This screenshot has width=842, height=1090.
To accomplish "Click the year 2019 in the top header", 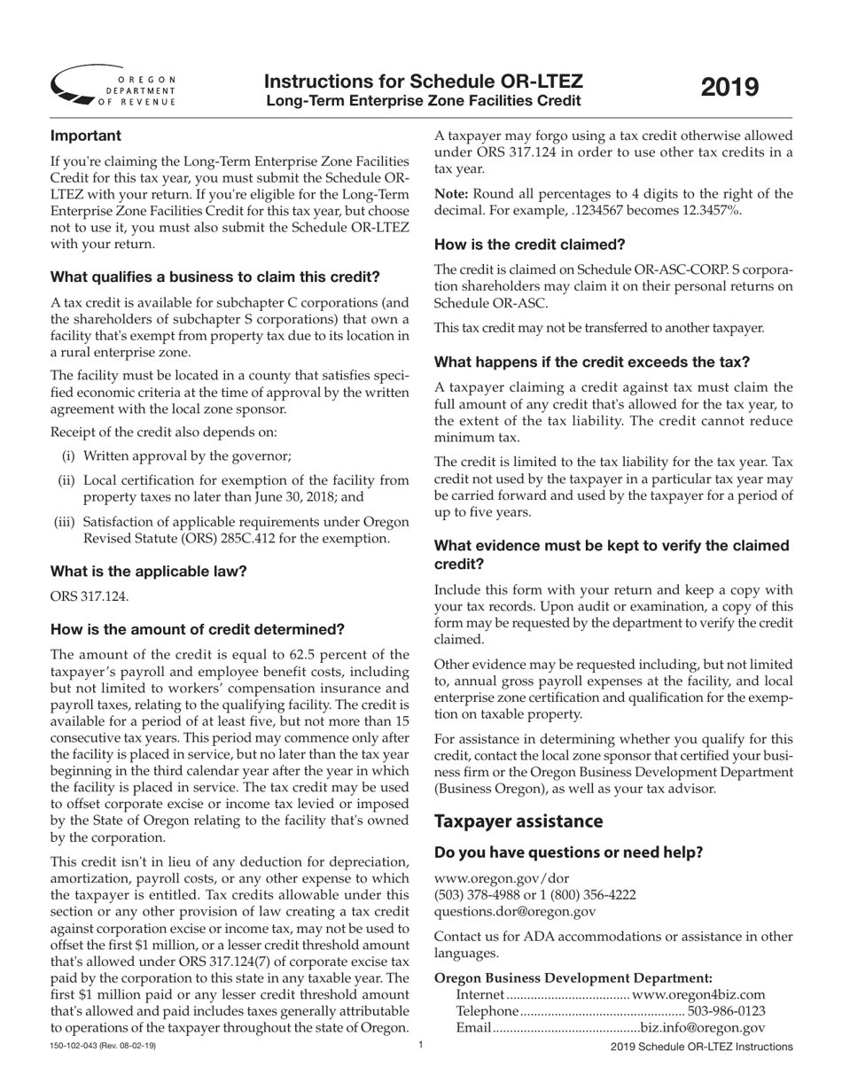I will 730,88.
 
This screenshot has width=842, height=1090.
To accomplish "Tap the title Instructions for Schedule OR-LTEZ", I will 424,82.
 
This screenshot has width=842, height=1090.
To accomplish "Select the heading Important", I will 86,136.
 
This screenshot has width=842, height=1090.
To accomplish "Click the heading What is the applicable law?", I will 149,571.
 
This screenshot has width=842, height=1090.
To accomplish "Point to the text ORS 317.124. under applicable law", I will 90,596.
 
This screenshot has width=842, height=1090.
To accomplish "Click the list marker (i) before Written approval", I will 68,455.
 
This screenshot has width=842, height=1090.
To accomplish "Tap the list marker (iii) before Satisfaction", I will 65,522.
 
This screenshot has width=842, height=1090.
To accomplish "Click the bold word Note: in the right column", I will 451,194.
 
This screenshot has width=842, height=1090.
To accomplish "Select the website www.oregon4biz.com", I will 698,995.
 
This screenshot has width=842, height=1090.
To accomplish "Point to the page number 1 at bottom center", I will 421,1046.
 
